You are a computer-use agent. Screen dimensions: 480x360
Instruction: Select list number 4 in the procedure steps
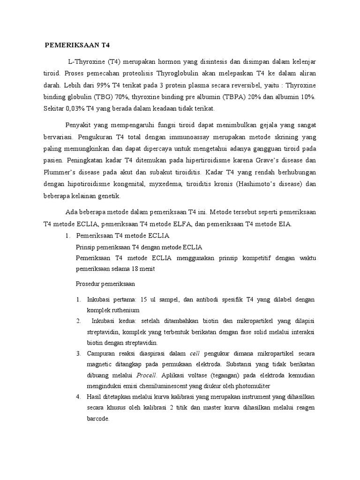point(78,397)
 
